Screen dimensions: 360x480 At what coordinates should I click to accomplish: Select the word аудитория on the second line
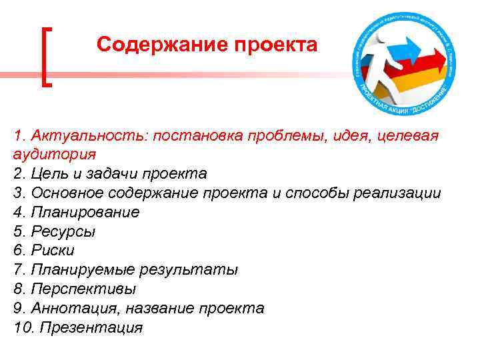tap(54, 154)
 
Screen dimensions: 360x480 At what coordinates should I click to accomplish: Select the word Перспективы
tap(81, 289)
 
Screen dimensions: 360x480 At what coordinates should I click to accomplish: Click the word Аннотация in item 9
tap(67, 309)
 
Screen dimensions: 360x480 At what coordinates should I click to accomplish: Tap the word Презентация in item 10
tap(93, 328)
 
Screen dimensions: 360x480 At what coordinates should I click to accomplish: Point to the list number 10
tap(22, 328)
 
